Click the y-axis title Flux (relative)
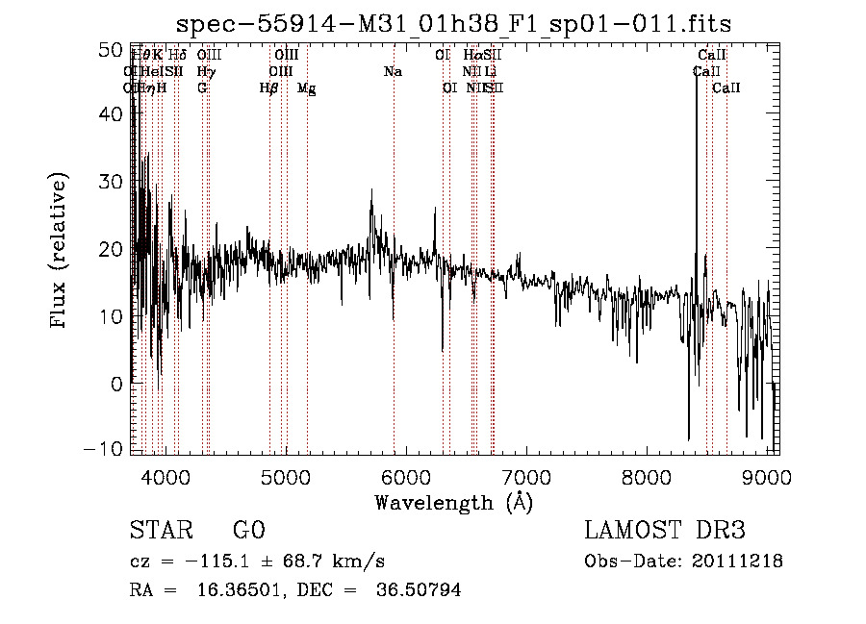click(x=60, y=251)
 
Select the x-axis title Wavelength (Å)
click(x=453, y=502)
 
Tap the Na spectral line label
click(x=393, y=71)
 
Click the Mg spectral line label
click(x=306, y=88)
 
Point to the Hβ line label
click(x=268, y=87)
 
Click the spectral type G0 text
click(x=248, y=531)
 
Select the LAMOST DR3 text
click(x=665, y=531)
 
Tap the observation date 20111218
click(x=740, y=561)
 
